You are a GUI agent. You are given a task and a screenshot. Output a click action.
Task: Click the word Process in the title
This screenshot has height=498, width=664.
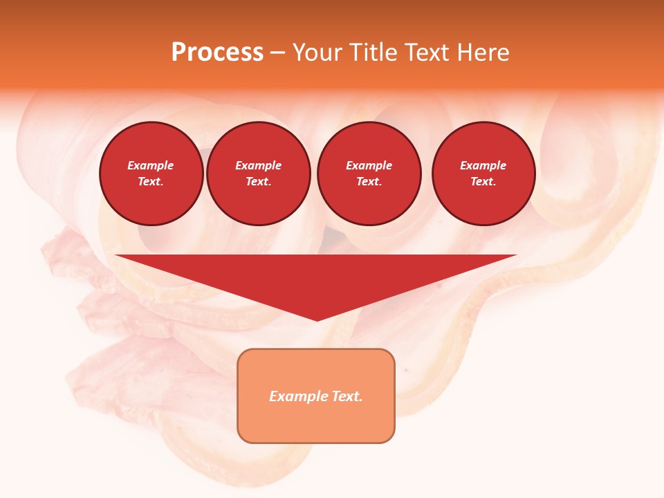pyautogui.click(x=217, y=53)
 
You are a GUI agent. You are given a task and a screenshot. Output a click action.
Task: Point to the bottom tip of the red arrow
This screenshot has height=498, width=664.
pyautogui.click(x=317, y=320)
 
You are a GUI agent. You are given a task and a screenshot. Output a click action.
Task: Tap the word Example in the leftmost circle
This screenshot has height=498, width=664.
pyautogui.click(x=151, y=165)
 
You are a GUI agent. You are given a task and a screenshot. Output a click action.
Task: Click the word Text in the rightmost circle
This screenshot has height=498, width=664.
pyautogui.click(x=483, y=181)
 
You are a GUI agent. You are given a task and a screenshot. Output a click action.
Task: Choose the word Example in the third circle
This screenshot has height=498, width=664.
pyautogui.click(x=369, y=165)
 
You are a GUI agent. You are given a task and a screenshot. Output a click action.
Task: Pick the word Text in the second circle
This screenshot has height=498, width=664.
pyautogui.click(x=258, y=181)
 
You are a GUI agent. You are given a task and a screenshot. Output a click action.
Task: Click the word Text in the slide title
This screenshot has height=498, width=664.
pyautogui.click(x=427, y=53)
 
